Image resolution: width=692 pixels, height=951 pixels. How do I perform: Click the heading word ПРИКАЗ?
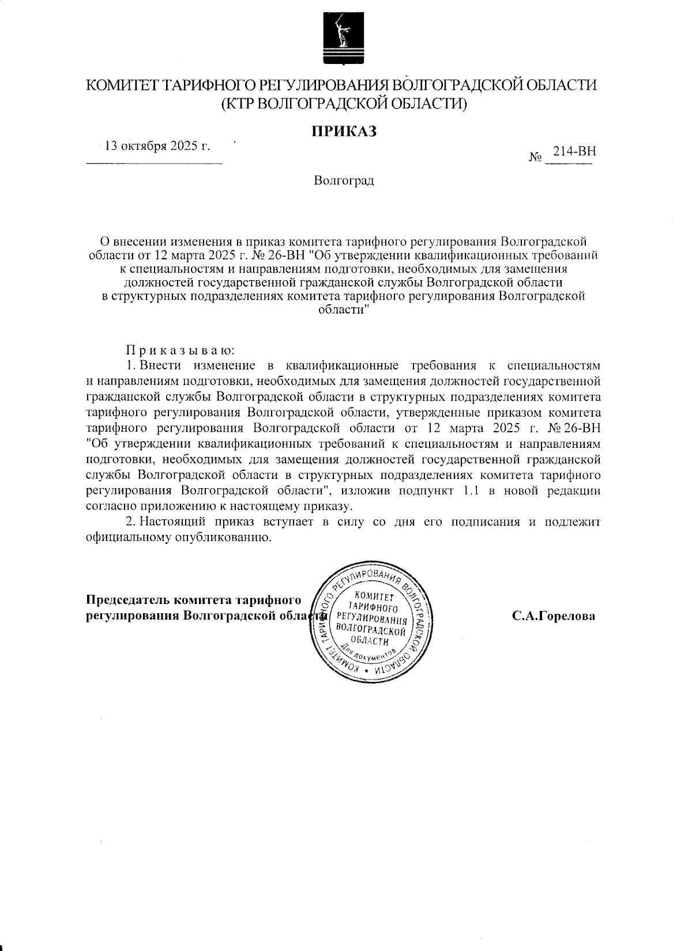[344, 132]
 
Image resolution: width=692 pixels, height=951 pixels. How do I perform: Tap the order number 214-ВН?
[574, 152]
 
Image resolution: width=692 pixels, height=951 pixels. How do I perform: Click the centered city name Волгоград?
[344, 181]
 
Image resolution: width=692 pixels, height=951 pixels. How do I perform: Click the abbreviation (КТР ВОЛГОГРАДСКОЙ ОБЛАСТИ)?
[344, 104]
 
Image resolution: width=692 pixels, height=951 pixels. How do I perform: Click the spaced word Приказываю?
[180, 350]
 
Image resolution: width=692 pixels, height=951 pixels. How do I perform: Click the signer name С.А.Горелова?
[553, 616]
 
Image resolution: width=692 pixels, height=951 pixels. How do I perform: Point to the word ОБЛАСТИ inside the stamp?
[369, 642]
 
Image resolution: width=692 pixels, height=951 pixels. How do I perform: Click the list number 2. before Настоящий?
[130, 522]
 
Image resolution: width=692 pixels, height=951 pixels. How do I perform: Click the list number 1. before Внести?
[130, 365]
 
